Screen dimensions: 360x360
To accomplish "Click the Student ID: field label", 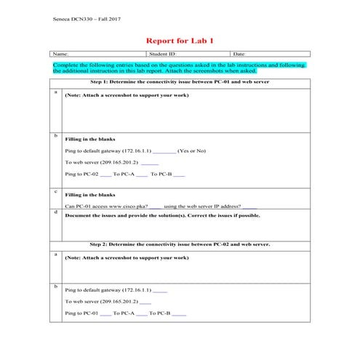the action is [x=162, y=54].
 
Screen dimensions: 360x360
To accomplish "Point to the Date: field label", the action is [x=239, y=54].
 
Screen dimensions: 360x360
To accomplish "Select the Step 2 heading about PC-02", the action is [x=179, y=244].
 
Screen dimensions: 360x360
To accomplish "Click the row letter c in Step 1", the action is [x=55, y=191].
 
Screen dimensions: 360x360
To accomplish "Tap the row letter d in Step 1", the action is [x=55, y=211].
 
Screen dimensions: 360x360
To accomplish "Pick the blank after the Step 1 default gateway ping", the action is [x=164, y=151].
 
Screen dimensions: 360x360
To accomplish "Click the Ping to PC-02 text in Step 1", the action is [x=81, y=175].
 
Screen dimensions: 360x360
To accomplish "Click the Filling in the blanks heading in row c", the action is [x=89, y=196].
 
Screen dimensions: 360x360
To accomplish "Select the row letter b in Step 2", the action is [x=55, y=286].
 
